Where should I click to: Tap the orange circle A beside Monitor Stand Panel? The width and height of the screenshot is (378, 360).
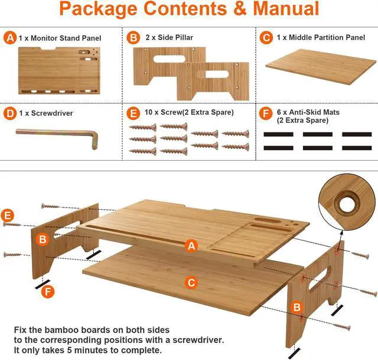[9, 38]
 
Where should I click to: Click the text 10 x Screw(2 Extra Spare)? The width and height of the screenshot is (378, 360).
[184, 111]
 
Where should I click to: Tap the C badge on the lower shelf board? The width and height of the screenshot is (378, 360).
[191, 283]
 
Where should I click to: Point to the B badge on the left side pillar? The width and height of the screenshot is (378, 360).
[43, 239]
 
